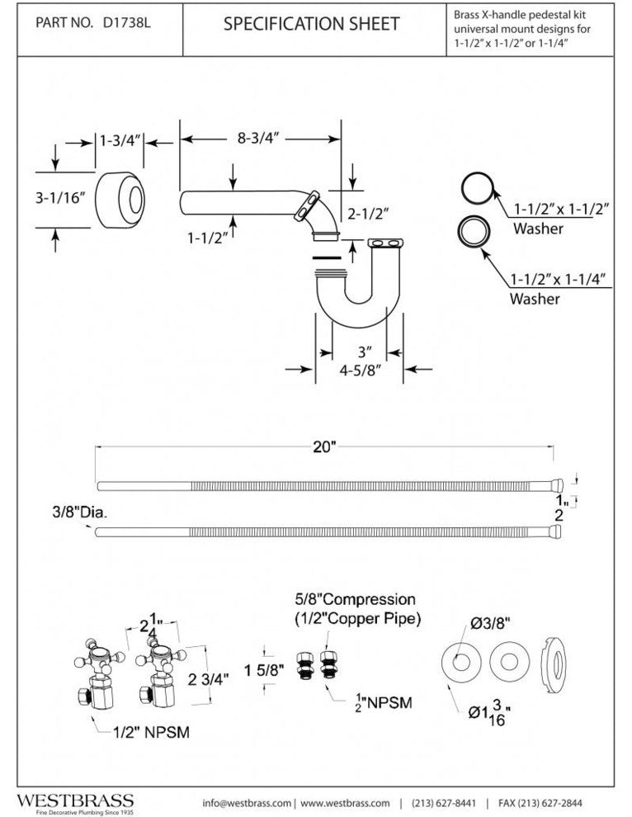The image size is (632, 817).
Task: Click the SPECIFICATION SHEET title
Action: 314,24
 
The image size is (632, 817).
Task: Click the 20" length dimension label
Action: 324,447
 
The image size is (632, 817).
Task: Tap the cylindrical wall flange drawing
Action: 120,201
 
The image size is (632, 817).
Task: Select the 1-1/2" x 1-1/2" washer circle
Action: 476,189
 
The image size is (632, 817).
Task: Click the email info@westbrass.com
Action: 247,803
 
